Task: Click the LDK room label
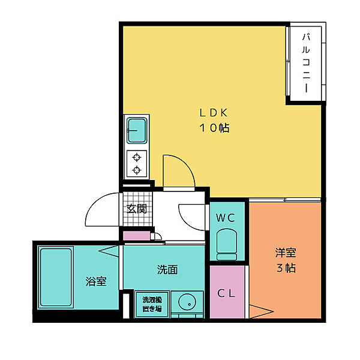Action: click(214, 113)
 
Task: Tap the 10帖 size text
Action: click(214, 128)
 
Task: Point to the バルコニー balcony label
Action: click(306, 62)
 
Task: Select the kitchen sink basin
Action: click(137, 130)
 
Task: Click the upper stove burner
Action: click(137, 157)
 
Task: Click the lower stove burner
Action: click(137, 170)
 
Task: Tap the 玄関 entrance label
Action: click(137, 208)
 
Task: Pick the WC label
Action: click(226, 218)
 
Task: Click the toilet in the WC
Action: click(227, 244)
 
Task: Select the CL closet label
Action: click(226, 293)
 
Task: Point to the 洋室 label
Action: click(286, 253)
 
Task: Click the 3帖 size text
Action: click(286, 268)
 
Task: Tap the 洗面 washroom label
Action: click(167, 270)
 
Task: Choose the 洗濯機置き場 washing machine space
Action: click(152, 304)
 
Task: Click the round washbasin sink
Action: click(187, 302)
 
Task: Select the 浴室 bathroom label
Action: click(96, 281)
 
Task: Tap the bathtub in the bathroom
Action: click(56, 277)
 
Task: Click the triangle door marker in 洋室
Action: click(261, 311)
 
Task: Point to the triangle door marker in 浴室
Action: click(109, 251)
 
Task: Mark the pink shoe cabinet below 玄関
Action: click(137, 236)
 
